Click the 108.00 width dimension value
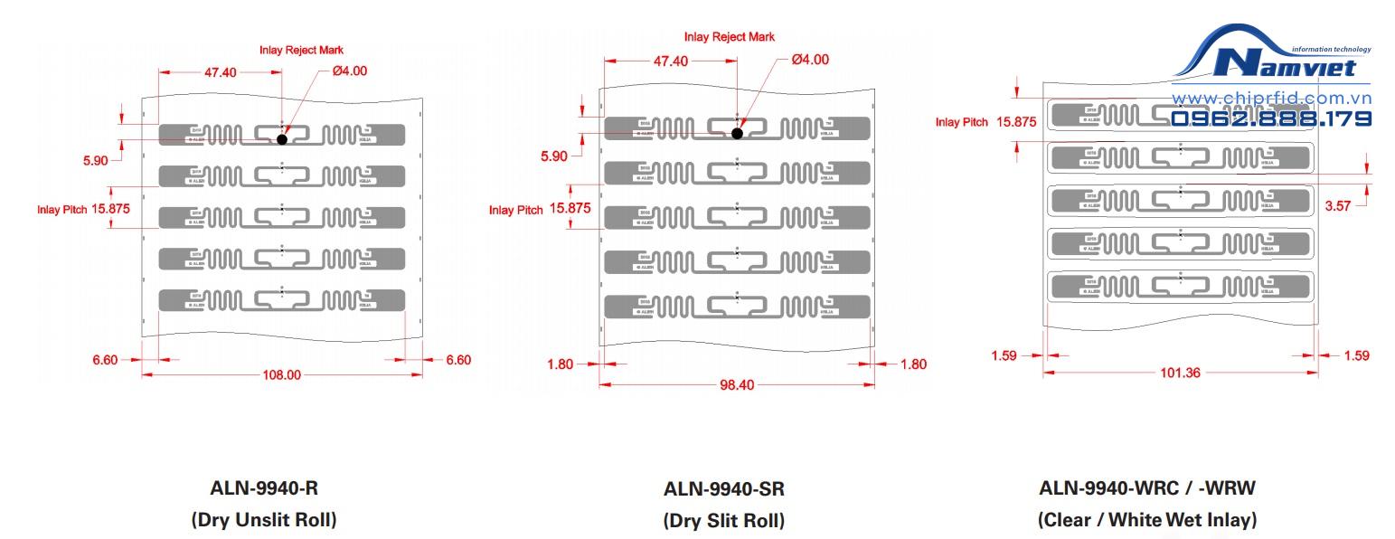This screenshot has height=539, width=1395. click(x=281, y=374)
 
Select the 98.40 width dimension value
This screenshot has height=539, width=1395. click(x=737, y=384)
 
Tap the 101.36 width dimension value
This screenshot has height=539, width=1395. click(x=1180, y=373)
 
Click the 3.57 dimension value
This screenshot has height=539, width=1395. click(x=1337, y=206)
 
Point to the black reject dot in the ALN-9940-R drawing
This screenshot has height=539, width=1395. click(x=282, y=139)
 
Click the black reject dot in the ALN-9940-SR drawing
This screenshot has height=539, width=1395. click(x=737, y=133)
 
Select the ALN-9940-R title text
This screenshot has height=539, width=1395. click(x=264, y=488)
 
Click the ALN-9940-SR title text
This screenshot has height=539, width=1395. click(x=724, y=489)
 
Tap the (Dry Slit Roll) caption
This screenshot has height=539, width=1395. click(x=724, y=521)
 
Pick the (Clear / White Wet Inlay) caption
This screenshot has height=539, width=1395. click(x=1147, y=520)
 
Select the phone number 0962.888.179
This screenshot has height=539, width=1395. click(x=1271, y=118)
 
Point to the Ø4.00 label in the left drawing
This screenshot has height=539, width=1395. click(x=350, y=71)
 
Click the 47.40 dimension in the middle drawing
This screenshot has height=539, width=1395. click(x=670, y=61)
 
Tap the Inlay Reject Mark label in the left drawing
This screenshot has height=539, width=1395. click(x=301, y=50)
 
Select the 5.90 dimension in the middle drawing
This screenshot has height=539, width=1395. click(x=554, y=156)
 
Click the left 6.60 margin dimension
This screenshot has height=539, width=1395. click(x=105, y=360)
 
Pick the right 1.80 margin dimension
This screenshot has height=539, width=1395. click(x=913, y=364)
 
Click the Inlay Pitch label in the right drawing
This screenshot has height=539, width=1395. click(x=961, y=122)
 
